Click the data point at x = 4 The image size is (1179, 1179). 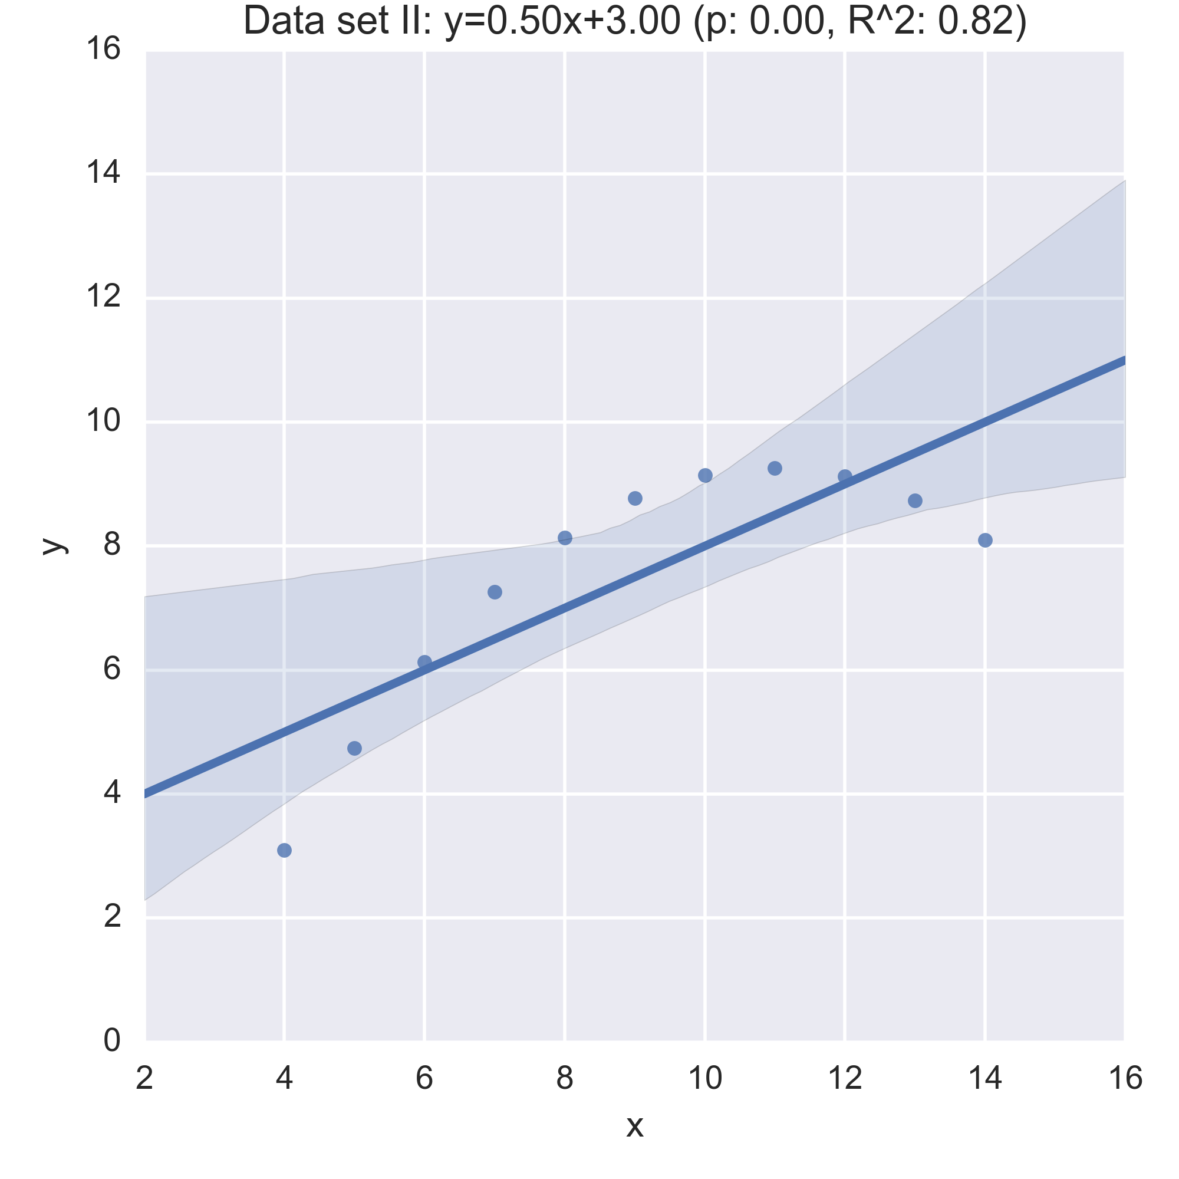tap(284, 850)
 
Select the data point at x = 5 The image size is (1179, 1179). tap(354, 748)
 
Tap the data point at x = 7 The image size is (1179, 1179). tap(495, 592)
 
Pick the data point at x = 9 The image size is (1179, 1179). tap(635, 498)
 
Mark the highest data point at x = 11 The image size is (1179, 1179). tap(775, 468)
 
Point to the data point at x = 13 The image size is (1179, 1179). tap(915, 500)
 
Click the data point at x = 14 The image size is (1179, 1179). tap(985, 540)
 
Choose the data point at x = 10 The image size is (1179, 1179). tap(706, 475)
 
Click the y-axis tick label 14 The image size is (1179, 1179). tap(103, 173)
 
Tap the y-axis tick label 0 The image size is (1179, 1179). tap(111, 1040)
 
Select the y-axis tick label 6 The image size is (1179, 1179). tap(111, 669)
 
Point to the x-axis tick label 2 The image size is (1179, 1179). tap(144, 1078)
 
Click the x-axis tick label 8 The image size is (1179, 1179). tap(565, 1078)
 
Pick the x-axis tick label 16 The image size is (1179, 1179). tap(1125, 1078)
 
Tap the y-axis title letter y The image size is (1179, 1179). tap(54, 545)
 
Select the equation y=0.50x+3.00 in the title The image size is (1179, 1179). tap(561, 22)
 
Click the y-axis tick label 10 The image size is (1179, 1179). tap(103, 421)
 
